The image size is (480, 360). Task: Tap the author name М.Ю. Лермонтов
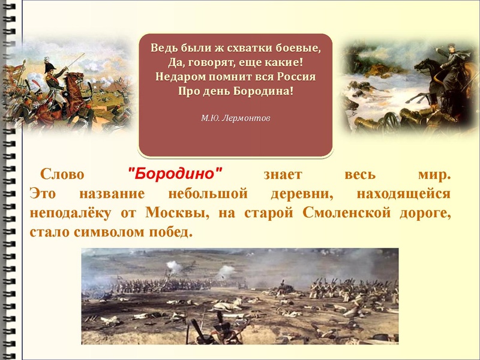pos(235,118)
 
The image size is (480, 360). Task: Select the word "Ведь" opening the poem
pos(163,47)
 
